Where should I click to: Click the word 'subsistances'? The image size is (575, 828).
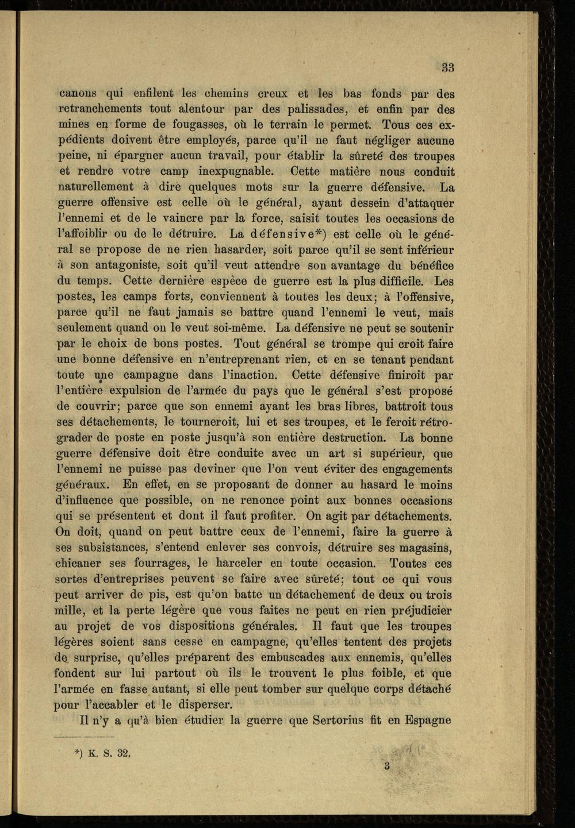(106, 547)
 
